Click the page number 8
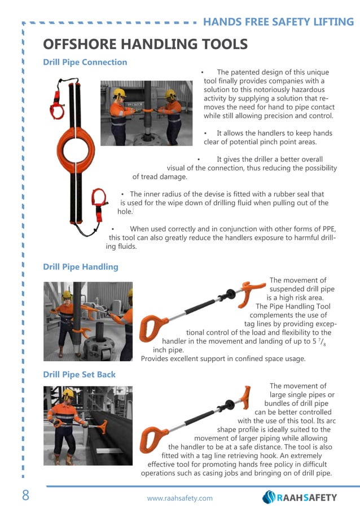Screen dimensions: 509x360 coord(25,496)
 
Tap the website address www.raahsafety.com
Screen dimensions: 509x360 coord(179,498)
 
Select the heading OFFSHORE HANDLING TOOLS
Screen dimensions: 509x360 coord(146,44)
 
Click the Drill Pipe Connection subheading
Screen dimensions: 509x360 coord(85,62)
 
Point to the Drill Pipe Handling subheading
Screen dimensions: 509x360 coord(81,266)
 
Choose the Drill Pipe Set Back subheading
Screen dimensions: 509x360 coord(80,374)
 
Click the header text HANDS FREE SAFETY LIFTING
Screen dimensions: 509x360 coord(278,22)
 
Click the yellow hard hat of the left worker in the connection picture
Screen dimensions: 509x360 coord(119,92)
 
